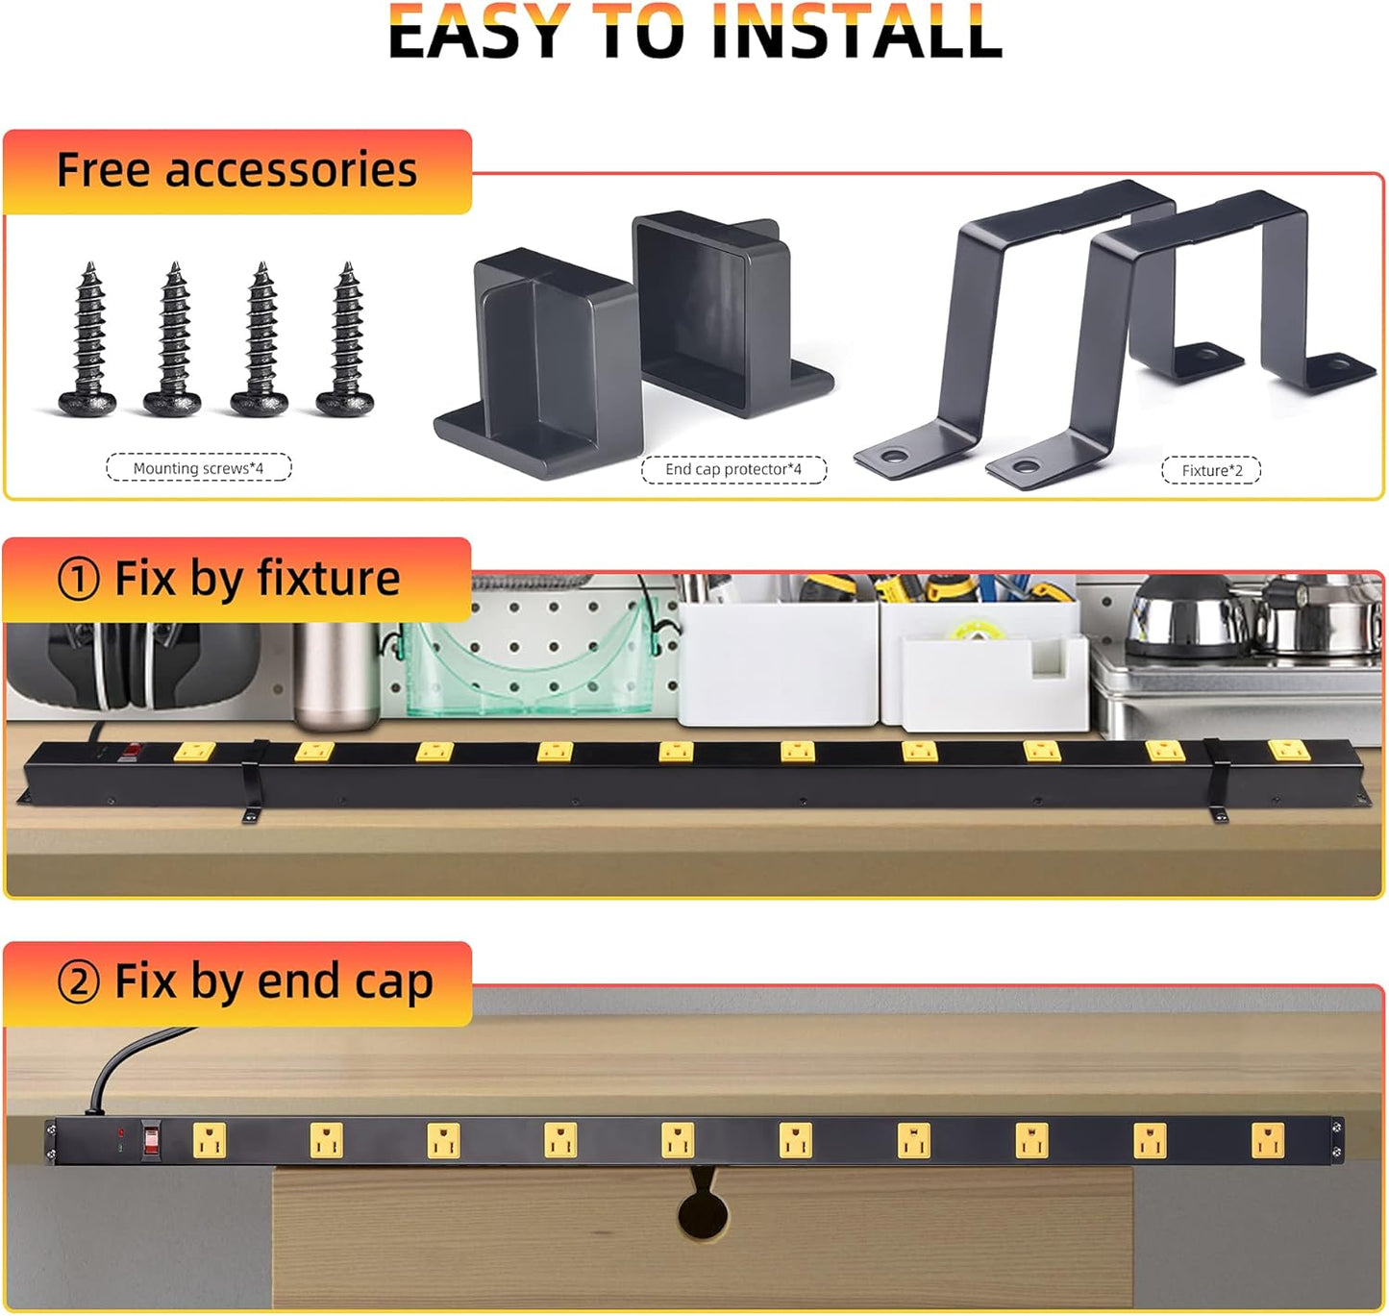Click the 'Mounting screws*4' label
[x=198, y=468]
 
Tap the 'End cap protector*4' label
[x=733, y=469]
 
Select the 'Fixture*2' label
[x=1211, y=470]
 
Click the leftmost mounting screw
[x=88, y=341]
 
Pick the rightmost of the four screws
[x=346, y=341]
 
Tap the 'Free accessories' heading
[x=236, y=170]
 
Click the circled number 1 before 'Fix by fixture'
[x=78, y=580]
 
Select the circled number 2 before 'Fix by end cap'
[x=78, y=982]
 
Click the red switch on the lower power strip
[x=151, y=1141]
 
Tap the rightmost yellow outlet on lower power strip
[x=1267, y=1141]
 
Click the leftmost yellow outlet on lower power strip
[x=209, y=1141]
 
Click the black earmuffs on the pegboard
[x=115, y=668]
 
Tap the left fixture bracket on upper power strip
[x=254, y=781]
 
